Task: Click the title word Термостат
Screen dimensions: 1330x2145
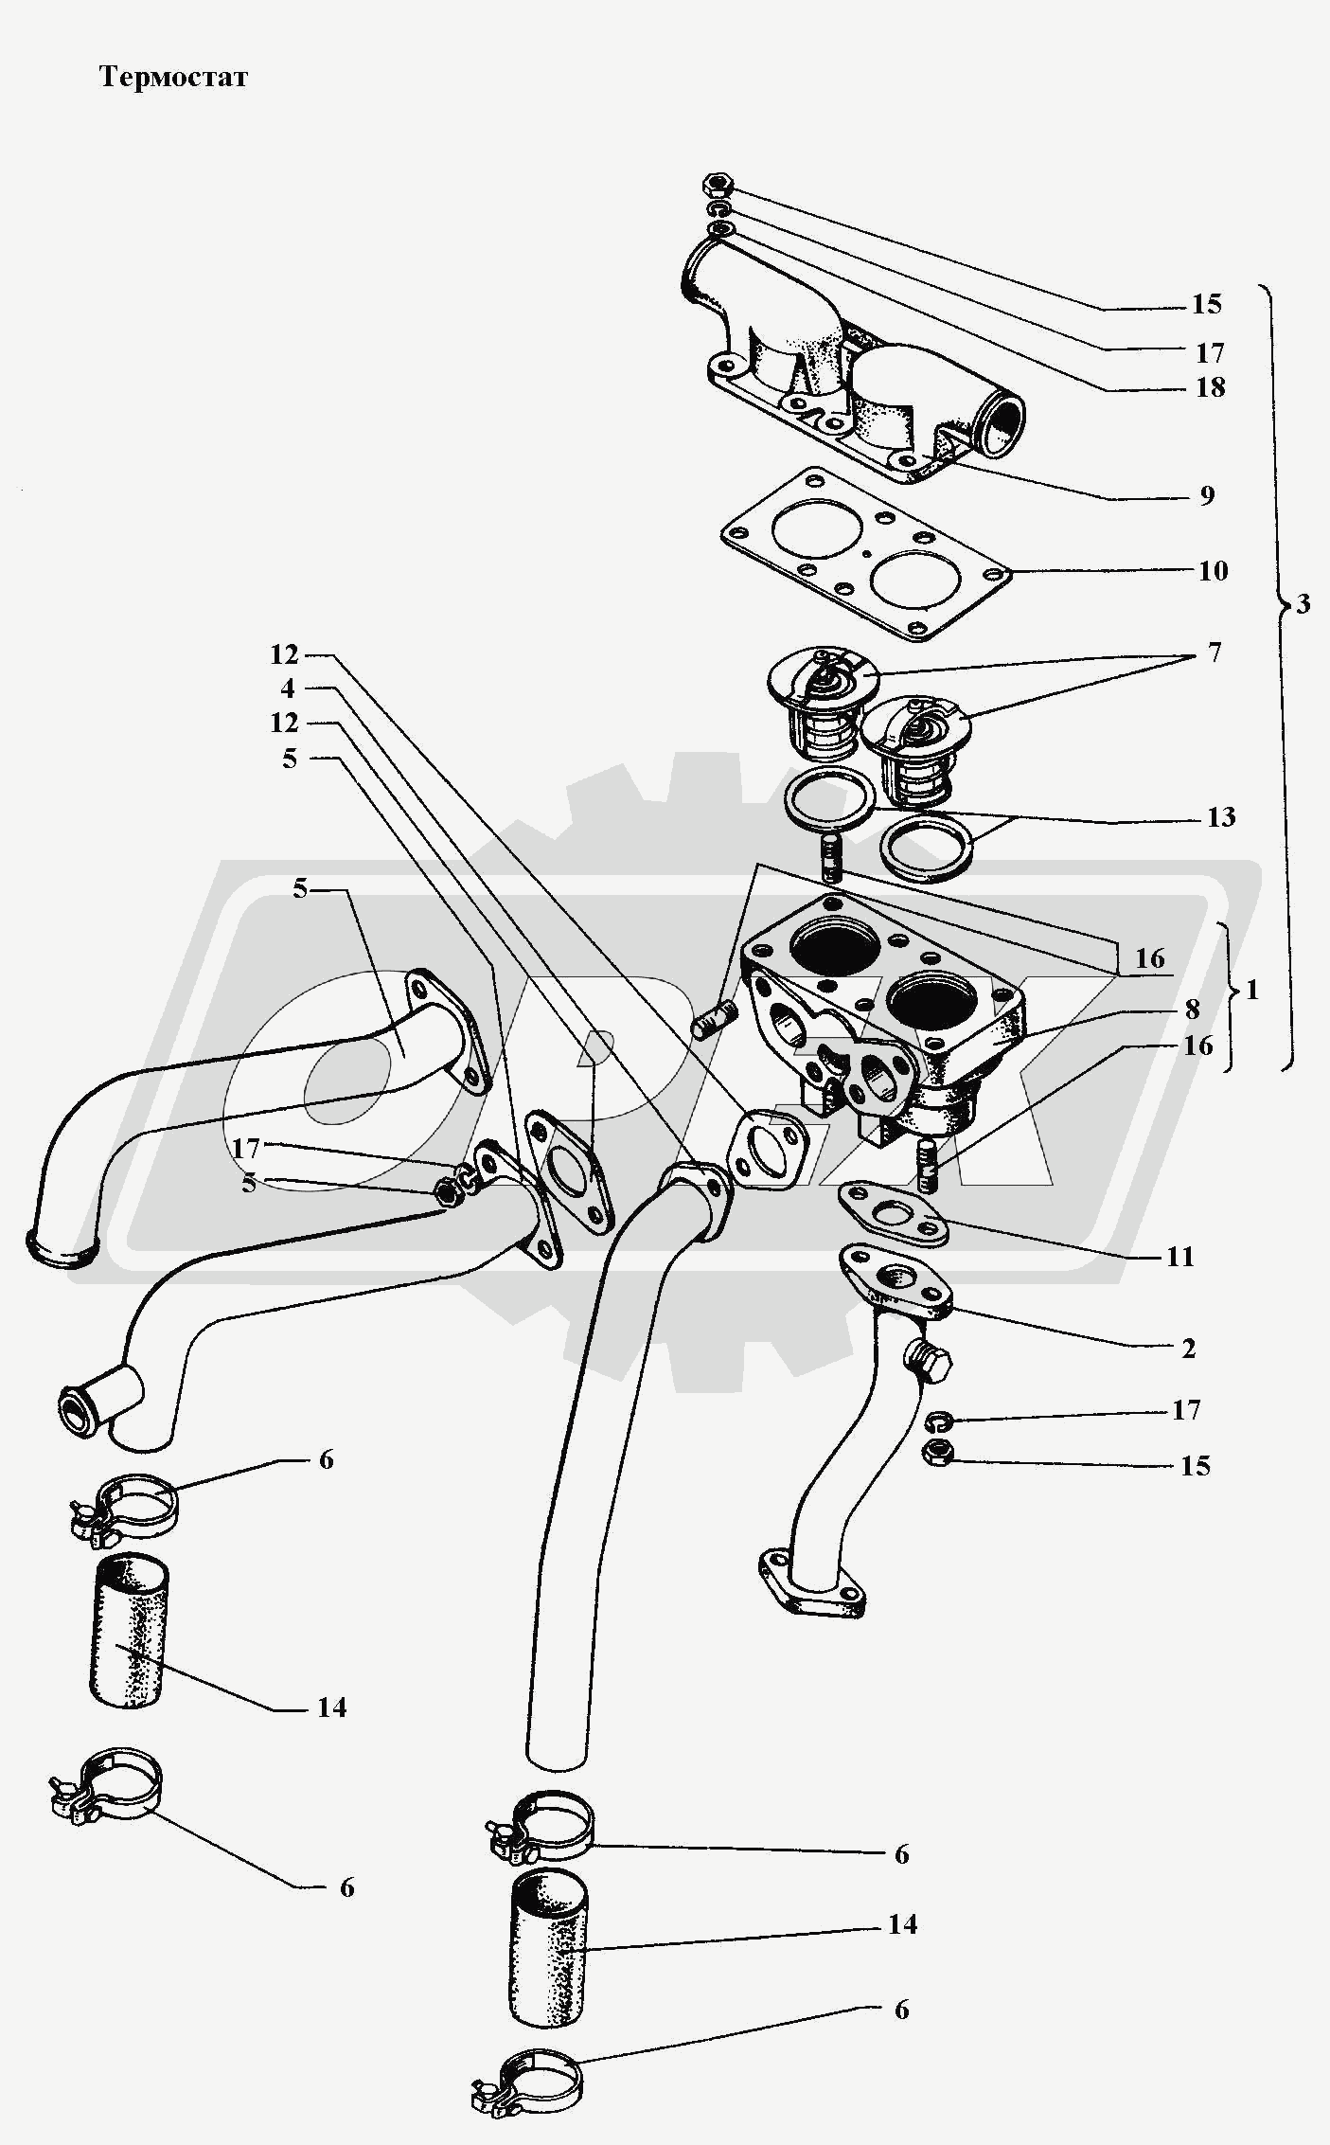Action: pyautogui.click(x=173, y=77)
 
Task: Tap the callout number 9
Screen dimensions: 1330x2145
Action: pyautogui.click(x=1206, y=495)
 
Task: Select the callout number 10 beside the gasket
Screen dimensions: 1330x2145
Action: pyautogui.click(x=1213, y=570)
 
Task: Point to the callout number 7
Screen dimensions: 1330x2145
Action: pyautogui.click(x=1214, y=652)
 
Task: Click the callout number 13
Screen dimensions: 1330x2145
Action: pyautogui.click(x=1221, y=816)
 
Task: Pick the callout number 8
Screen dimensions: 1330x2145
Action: pyautogui.click(x=1192, y=1010)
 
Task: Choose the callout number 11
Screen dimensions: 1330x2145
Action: pyautogui.click(x=1180, y=1257)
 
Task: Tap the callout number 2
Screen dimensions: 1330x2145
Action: pyautogui.click(x=1188, y=1348)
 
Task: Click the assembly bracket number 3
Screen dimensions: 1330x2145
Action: pyautogui.click(x=1303, y=603)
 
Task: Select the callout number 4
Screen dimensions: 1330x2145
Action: pyautogui.click(x=288, y=688)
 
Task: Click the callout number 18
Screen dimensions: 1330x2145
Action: pyautogui.click(x=1210, y=386)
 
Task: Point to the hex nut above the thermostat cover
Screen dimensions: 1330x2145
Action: pyautogui.click(x=718, y=184)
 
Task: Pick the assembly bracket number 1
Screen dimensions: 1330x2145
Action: pyautogui.click(x=1252, y=990)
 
